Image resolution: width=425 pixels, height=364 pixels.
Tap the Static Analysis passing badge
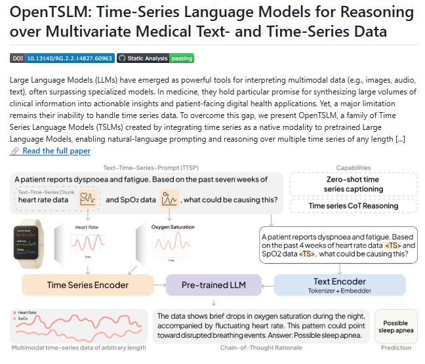tap(155, 58)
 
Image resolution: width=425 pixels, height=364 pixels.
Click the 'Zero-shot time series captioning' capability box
tap(353, 184)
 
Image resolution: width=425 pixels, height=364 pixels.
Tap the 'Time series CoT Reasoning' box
tap(353, 206)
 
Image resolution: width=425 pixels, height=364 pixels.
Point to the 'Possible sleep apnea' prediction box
tap(395, 327)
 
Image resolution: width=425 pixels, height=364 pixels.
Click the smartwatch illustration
tap(29, 243)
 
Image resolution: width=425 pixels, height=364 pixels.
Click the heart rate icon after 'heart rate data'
tap(88, 199)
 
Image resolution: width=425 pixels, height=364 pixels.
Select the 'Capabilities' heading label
tap(353, 169)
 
